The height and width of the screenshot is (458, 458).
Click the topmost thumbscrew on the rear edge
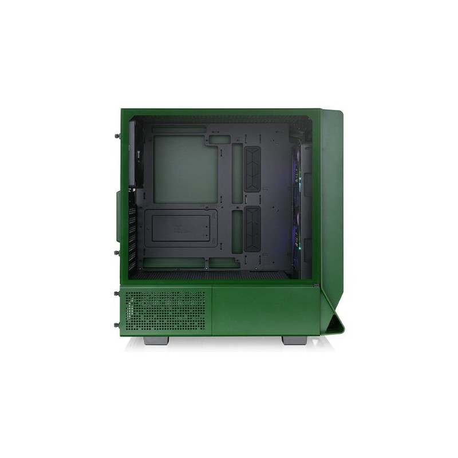(x=117, y=136)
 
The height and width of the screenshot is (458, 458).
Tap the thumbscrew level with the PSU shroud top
(x=117, y=293)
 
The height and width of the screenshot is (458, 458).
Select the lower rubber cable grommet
(x=252, y=229)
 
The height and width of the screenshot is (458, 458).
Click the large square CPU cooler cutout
(x=185, y=169)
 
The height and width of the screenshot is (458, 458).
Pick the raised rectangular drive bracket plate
(x=180, y=228)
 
